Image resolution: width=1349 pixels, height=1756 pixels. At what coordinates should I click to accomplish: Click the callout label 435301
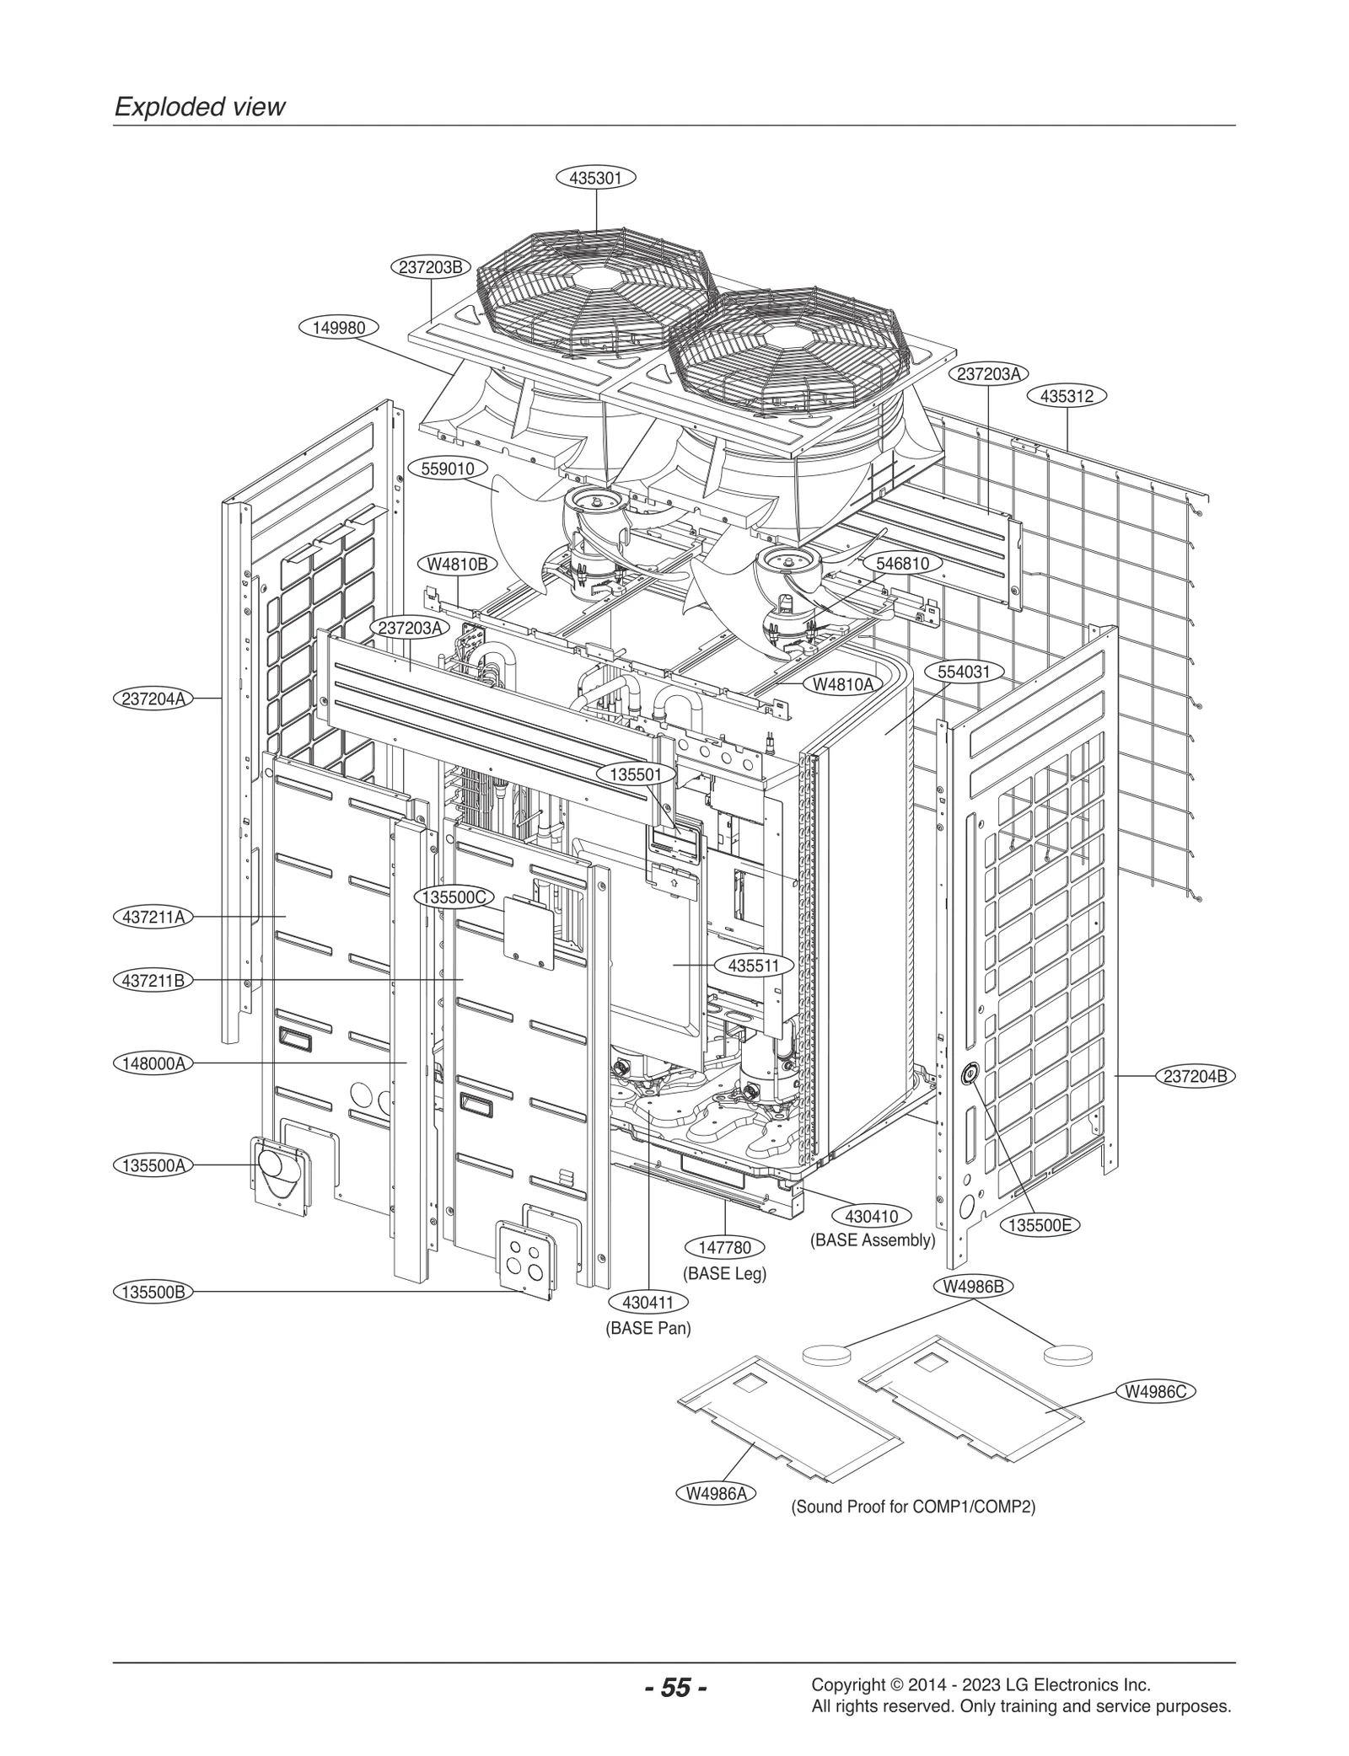click(595, 178)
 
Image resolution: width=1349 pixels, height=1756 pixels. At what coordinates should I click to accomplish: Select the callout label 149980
click(339, 328)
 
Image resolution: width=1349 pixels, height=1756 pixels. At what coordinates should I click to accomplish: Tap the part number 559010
click(453, 468)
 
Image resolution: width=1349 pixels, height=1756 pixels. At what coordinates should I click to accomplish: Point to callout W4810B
click(457, 565)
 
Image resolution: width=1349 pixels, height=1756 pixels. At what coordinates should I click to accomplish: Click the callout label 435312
click(1067, 396)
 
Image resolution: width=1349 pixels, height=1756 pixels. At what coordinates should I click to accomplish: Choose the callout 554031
click(969, 672)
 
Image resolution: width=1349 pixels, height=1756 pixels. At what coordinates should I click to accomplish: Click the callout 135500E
click(1040, 1225)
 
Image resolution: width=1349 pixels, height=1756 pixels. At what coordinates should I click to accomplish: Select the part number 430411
click(648, 1303)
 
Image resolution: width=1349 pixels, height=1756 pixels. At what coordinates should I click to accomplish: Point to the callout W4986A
click(716, 1494)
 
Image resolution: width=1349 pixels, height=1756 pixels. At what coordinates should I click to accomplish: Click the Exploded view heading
click(200, 107)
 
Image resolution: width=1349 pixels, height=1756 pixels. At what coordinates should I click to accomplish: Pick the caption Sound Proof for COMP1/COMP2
click(912, 1507)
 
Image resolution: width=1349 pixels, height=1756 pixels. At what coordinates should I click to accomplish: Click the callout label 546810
click(902, 564)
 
